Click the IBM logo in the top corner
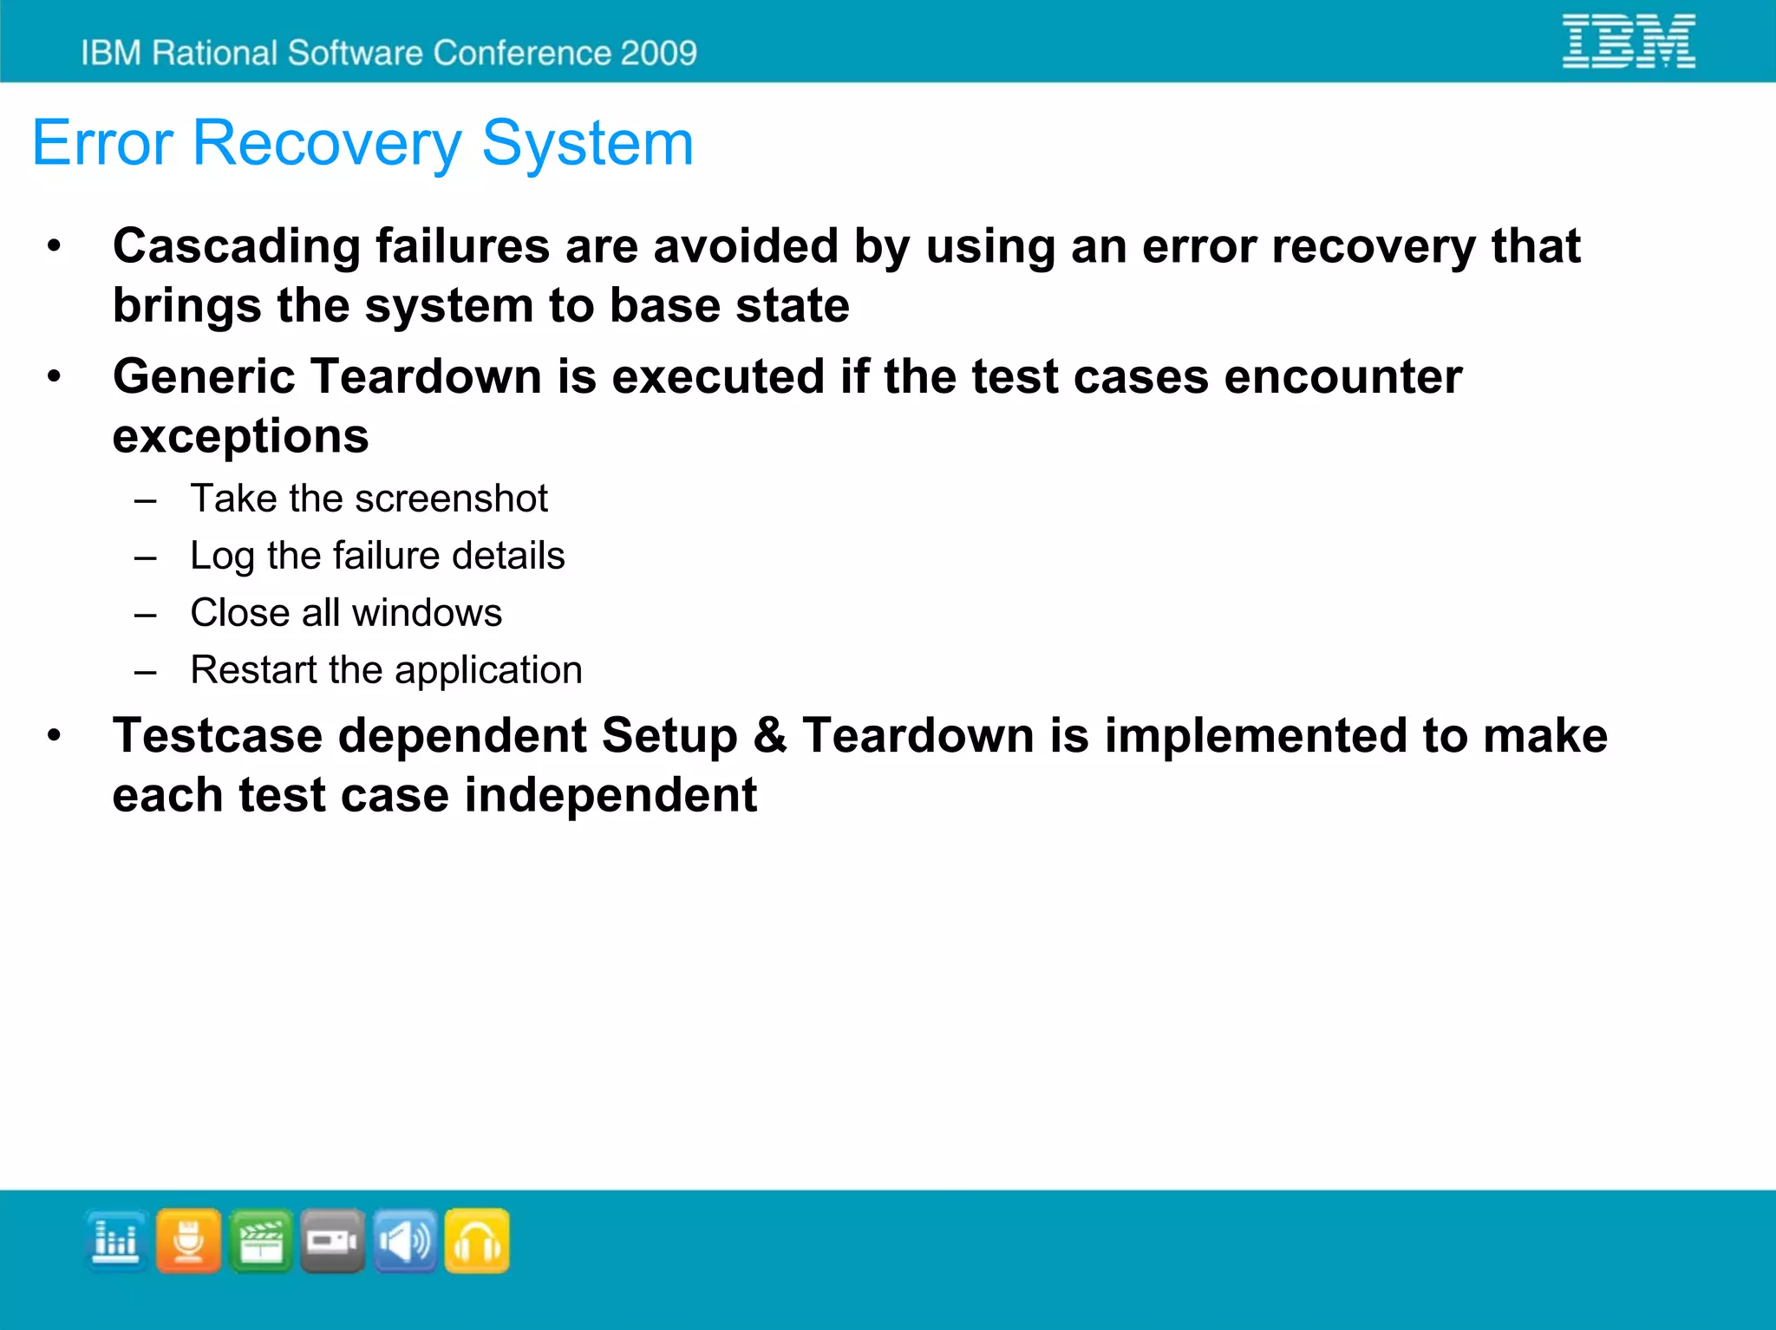coord(1629,41)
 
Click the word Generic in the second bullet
coord(204,377)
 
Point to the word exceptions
coord(240,436)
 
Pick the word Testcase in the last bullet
coord(218,736)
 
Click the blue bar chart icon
coord(116,1241)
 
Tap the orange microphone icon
coord(188,1241)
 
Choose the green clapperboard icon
coord(261,1241)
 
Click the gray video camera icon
coord(333,1241)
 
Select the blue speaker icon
coord(405,1241)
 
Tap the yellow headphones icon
coord(477,1241)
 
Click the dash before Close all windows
coord(146,615)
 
